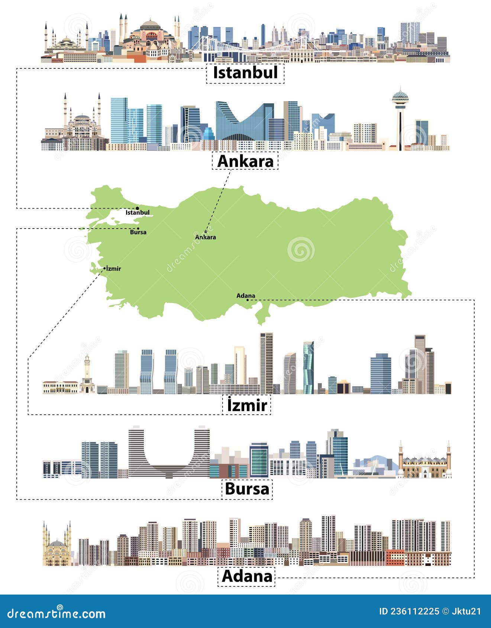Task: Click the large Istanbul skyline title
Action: pos(245,73)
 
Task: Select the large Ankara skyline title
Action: pos(245,161)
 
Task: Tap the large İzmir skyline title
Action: pos(247,405)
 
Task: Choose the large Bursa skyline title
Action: pos(247,489)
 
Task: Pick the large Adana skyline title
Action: pos(247,576)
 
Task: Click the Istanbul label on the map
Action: pos(138,213)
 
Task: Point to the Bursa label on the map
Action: pos(138,233)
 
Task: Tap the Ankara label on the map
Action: pos(206,237)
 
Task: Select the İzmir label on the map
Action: pos(114,269)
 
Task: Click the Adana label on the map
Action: pos(246,296)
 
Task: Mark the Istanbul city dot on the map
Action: pos(138,208)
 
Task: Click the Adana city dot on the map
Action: pos(248,300)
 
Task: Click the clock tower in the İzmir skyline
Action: pos(87,373)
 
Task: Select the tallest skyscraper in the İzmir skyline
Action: pos(266,362)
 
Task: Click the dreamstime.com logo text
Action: pos(56,613)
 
